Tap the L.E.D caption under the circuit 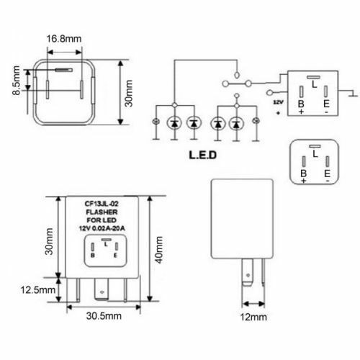(x=205, y=155)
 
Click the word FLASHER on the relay (x=106, y=212)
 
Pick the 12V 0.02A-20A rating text (x=106, y=229)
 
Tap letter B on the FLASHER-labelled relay (x=94, y=253)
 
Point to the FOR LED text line (x=106, y=220)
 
